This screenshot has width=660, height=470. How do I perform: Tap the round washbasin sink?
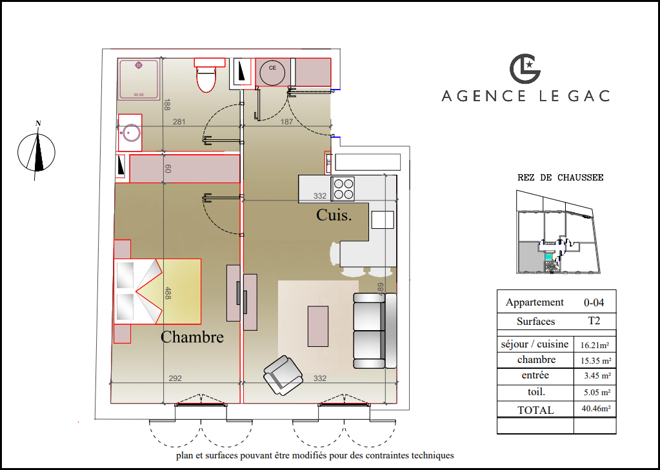coord(130,133)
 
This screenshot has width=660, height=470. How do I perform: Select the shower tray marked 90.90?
coord(139,79)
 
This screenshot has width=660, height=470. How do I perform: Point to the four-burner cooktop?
coord(343,189)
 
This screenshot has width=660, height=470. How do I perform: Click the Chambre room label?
coord(192,337)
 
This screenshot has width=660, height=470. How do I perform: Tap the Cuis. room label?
coord(334,215)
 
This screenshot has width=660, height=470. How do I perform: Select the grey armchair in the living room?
coord(283,375)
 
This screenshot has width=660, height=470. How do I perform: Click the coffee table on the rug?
coord(318,326)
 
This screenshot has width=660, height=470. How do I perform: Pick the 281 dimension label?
coord(179,122)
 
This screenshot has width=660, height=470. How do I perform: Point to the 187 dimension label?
coord(286,122)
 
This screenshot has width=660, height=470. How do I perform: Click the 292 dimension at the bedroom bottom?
coord(175,378)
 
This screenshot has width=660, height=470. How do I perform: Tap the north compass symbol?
coord(37,151)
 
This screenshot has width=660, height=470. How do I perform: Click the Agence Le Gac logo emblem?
coord(525,68)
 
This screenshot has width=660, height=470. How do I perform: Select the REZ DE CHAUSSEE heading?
coord(560,177)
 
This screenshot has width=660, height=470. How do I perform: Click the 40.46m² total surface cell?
coord(595,409)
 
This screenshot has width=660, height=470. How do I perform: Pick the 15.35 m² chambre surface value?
coord(595,360)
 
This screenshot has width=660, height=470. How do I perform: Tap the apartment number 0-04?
coord(594,302)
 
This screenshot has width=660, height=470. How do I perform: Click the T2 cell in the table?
coord(594,320)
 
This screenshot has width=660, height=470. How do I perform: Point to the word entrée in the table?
coord(535,375)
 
